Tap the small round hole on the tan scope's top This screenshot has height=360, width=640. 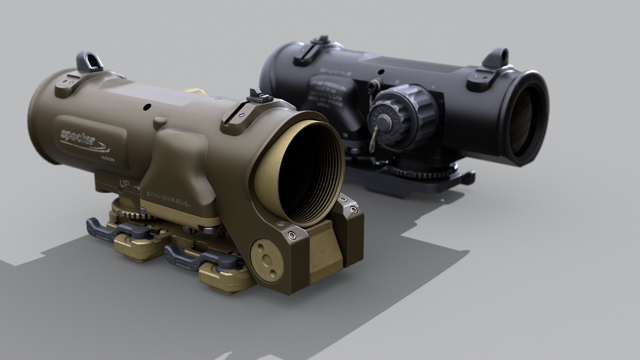(146, 107)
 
